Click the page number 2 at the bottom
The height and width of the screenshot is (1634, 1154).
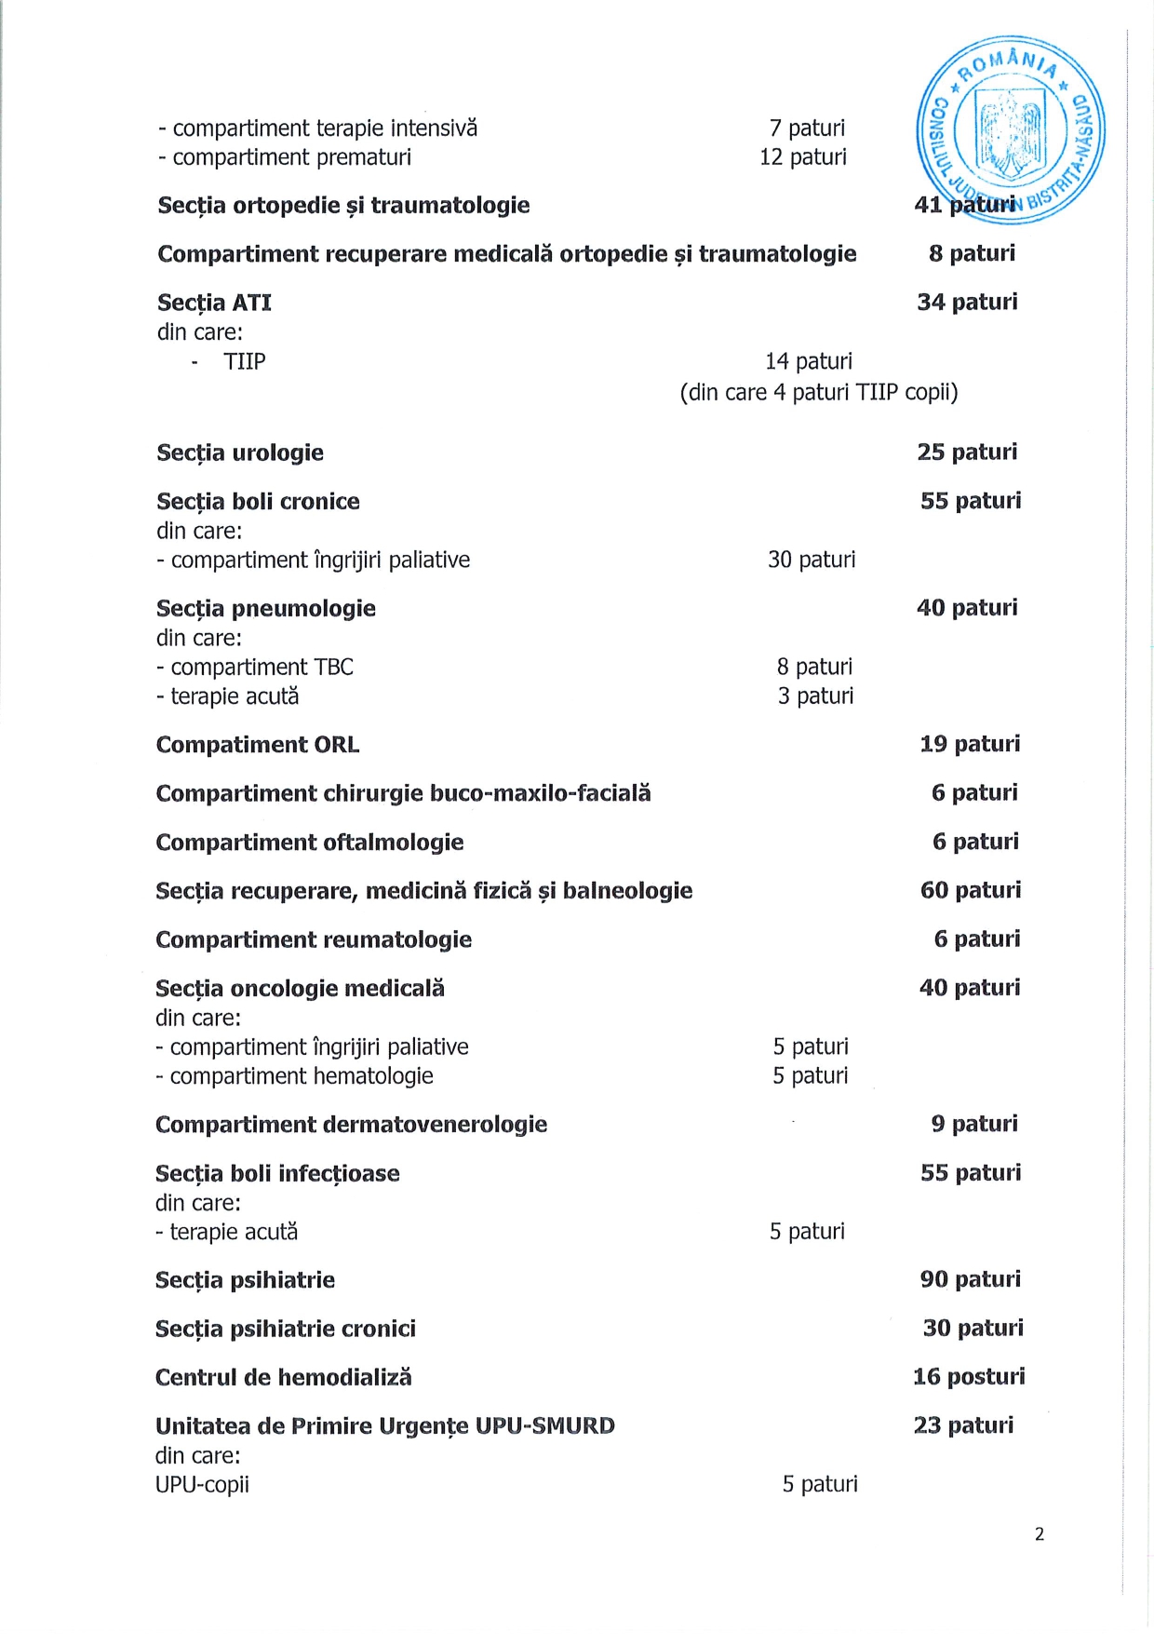point(1040,1534)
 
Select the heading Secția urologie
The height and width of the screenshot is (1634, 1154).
point(240,453)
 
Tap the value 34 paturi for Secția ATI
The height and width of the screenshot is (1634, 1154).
point(967,302)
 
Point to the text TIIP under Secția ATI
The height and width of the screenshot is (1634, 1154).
point(245,361)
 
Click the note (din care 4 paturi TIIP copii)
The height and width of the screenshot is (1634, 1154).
point(818,392)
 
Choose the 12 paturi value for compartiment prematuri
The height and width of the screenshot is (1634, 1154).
point(803,157)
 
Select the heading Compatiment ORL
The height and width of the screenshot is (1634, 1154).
point(258,745)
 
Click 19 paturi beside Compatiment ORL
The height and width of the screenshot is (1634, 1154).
point(970,744)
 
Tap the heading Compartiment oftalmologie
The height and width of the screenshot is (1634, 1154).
point(310,843)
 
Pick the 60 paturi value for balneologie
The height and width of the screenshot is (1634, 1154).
point(971,890)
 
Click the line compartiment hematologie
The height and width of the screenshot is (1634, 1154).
point(295,1076)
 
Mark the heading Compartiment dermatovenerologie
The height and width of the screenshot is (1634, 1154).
point(351,1125)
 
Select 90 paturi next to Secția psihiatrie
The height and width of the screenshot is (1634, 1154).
point(971,1279)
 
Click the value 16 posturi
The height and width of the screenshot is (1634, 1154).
point(969,1376)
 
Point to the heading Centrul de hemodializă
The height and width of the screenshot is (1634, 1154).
point(283,1377)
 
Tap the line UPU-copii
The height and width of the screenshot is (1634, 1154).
point(202,1484)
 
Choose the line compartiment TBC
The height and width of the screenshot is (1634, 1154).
point(256,668)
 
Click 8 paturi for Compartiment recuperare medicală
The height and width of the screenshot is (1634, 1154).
point(972,253)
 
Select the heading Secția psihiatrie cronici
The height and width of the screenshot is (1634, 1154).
point(286,1329)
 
